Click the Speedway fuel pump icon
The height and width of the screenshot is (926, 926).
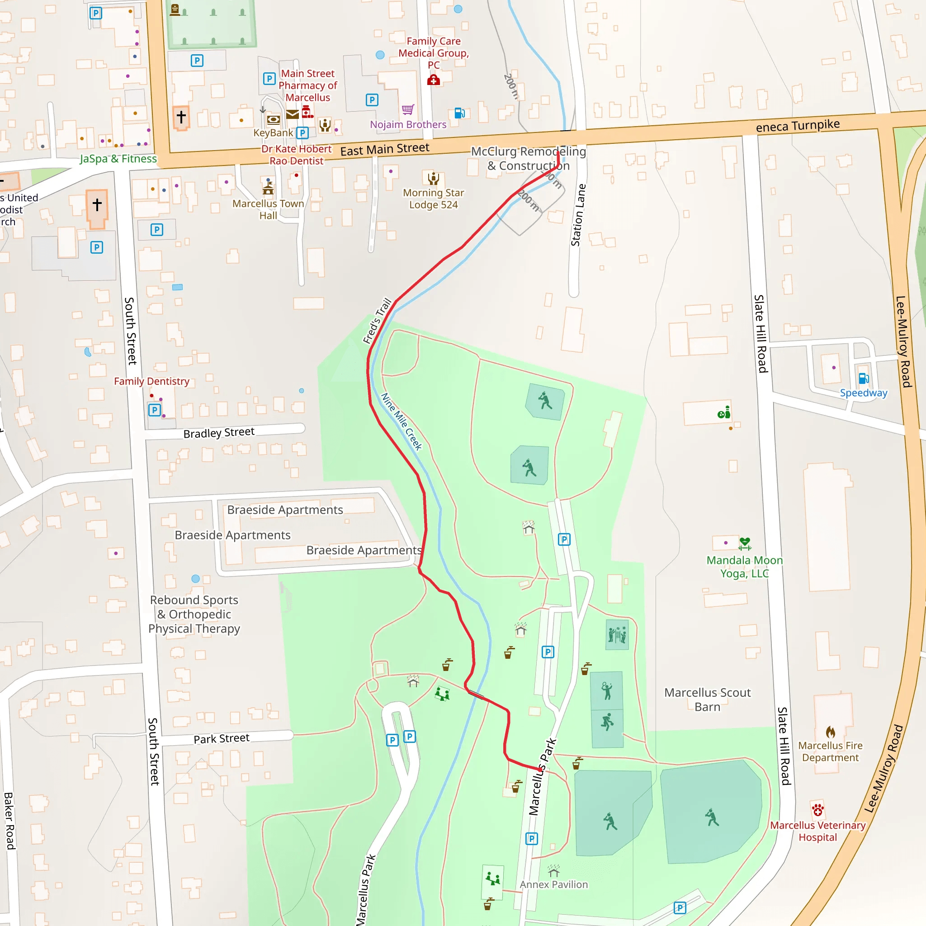(864, 378)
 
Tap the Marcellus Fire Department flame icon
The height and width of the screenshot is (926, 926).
(831, 732)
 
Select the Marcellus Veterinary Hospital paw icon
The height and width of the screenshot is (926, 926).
(817, 810)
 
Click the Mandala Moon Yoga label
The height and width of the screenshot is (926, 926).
(744, 567)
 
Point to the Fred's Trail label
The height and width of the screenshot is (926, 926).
(377, 321)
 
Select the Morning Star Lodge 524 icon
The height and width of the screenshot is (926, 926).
(433, 178)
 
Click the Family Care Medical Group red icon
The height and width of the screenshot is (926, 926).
(433, 80)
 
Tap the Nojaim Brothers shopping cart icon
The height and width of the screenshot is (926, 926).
(408, 110)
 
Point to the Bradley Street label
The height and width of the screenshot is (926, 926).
(219, 433)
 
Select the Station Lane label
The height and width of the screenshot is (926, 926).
(578, 215)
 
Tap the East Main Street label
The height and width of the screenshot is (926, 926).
(385, 149)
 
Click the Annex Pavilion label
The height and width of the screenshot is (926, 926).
(553, 884)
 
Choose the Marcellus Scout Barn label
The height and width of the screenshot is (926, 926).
(707, 699)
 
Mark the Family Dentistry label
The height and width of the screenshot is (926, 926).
(151, 381)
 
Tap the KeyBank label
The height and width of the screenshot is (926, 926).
(273, 133)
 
